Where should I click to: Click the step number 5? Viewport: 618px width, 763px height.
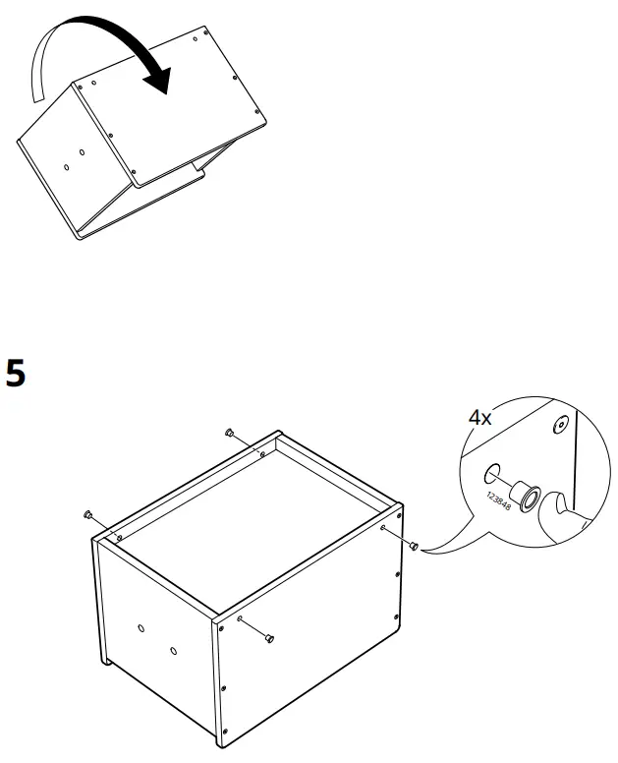pyautogui.click(x=17, y=374)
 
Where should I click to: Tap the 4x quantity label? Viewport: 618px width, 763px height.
pyautogui.click(x=480, y=417)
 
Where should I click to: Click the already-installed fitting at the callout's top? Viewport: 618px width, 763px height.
pyautogui.click(x=560, y=425)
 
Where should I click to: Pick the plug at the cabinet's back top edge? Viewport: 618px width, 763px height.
pyautogui.click(x=229, y=433)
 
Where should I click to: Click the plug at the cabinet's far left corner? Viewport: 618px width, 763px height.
pyautogui.click(x=87, y=515)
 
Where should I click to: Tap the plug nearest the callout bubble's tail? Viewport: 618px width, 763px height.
pyautogui.click(x=414, y=545)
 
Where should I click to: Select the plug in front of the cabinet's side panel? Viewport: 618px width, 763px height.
pyautogui.click(x=269, y=640)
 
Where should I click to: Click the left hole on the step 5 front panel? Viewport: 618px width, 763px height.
pyautogui.click(x=140, y=627)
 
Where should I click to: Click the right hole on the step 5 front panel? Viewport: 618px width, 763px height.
pyautogui.click(x=173, y=651)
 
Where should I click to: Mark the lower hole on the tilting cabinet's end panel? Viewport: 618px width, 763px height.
pyautogui.click(x=66, y=167)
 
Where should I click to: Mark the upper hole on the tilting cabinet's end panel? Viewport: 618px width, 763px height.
pyautogui.click(x=82, y=153)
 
